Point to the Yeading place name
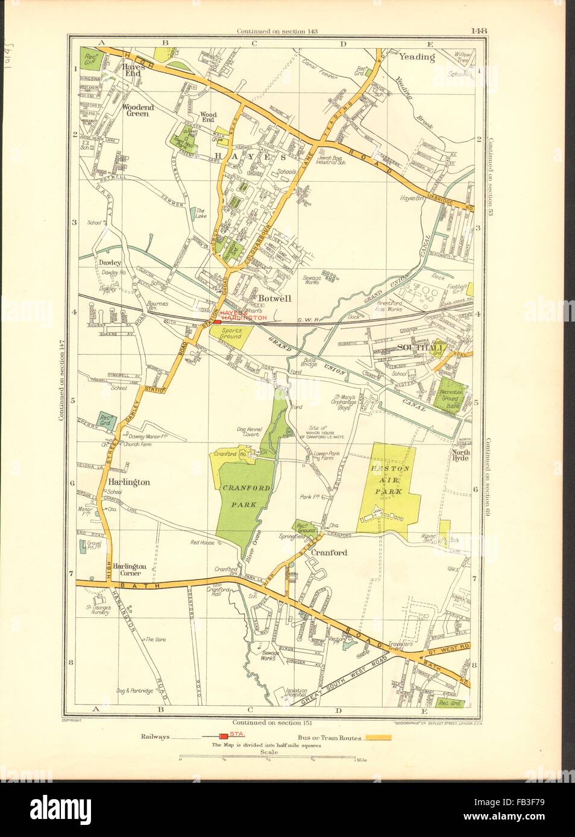416,57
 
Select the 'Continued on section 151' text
271,721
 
